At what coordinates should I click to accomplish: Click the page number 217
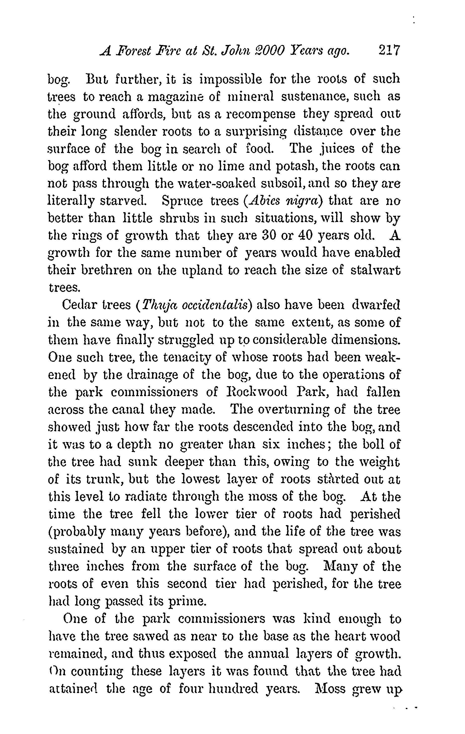[389, 50]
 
